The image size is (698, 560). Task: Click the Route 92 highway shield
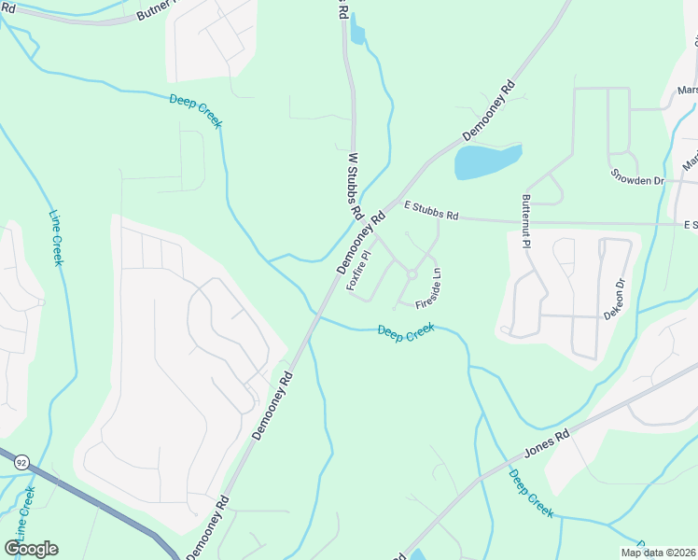(21, 461)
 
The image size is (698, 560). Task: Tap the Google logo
(31, 549)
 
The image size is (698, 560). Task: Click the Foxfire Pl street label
(360, 270)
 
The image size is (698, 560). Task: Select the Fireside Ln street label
(428, 290)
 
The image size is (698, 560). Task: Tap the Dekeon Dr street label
(612, 300)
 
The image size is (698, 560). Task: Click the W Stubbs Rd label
(355, 187)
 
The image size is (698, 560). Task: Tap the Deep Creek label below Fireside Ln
(406, 332)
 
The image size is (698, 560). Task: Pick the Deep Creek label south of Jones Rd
(531, 493)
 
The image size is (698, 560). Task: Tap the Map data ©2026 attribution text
(659, 553)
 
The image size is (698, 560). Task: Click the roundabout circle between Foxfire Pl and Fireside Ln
(411, 274)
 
